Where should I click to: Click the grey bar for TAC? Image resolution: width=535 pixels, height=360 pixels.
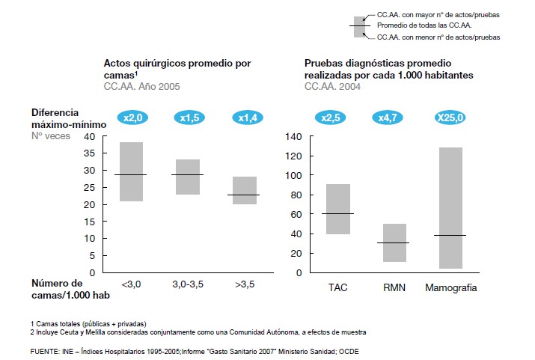pos(338,209)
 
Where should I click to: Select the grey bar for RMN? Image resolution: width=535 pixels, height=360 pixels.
pos(394,242)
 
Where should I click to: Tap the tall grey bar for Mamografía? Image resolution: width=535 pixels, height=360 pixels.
pos(450,207)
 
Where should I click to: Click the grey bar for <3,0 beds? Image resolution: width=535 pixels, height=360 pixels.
pos(131,171)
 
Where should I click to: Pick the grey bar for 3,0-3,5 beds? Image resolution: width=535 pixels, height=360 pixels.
pos(187,177)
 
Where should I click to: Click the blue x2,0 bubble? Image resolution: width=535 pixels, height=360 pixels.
pos(131,118)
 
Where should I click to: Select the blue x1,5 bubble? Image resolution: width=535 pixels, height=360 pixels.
pos(188,118)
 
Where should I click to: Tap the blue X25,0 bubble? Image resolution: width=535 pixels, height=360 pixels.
pos(450,118)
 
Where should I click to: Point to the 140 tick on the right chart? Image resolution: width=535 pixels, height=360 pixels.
pos(293,137)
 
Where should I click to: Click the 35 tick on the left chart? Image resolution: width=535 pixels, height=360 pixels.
pos(89,153)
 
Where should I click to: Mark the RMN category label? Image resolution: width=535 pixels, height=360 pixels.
pos(394,287)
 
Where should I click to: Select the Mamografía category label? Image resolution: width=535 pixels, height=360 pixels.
pos(450,287)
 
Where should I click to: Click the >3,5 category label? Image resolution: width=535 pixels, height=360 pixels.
pos(244,284)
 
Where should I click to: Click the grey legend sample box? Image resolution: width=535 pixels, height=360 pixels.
pos(360,26)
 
